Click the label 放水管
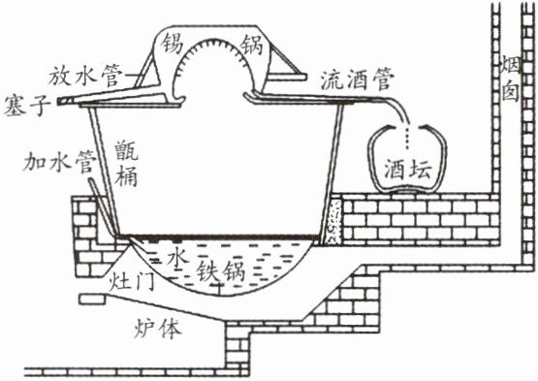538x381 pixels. coord(85,76)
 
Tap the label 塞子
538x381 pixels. coord(27,107)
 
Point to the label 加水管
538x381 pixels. coord(59,161)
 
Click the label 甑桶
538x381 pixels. coord(126,164)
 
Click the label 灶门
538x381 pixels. coord(131,283)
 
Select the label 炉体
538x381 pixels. coord(157,328)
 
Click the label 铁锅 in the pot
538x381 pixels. coord(220,271)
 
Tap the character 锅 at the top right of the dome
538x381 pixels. coord(251,45)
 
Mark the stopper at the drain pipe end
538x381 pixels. coord(64,100)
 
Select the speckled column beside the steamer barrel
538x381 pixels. coord(335,220)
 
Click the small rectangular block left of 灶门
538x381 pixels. coord(92,299)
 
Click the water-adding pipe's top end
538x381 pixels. coord(90,180)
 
